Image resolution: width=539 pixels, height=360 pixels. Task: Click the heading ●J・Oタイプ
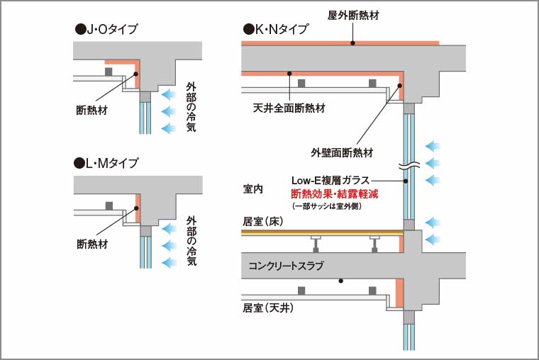point(106,30)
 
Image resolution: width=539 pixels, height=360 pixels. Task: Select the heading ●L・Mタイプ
point(106,164)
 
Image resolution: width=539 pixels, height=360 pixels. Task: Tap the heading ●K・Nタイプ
point(276,30)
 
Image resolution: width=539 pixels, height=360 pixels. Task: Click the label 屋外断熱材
point(352,15)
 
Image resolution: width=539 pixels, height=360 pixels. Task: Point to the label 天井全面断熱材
point(289,109)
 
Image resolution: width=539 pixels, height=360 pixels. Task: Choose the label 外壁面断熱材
point(341,152)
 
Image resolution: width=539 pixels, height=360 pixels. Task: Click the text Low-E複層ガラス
point(330,181)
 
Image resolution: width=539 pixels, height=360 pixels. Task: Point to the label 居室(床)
point(263,222)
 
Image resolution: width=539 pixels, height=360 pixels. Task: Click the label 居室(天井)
point(268,308)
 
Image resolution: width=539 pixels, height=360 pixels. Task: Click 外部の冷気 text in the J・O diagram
point(190,107)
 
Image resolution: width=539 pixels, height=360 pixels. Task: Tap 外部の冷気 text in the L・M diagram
point(190,241)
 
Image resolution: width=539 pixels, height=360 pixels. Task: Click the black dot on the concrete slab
point(341,281)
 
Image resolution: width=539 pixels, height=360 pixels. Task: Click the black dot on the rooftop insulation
point(352,43)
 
